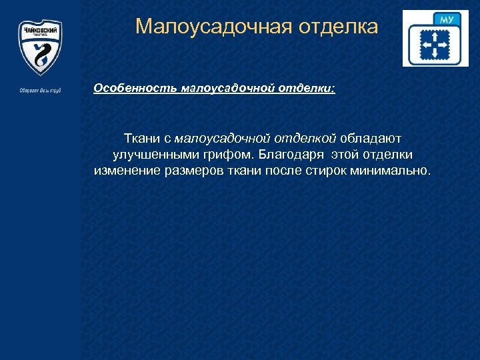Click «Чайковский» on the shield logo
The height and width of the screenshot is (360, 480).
pos(39,31)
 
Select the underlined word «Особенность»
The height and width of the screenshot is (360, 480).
pos(129,88)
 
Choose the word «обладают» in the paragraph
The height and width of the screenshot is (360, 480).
pos(371,138)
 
